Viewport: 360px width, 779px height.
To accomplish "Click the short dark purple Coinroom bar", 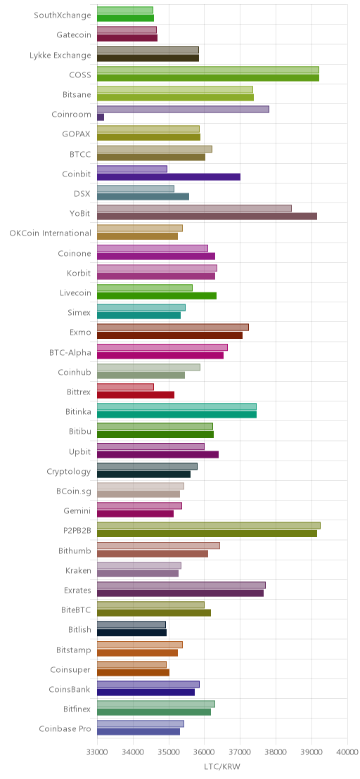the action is pos(101,117).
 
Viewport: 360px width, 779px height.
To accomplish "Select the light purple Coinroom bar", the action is pos(183,109).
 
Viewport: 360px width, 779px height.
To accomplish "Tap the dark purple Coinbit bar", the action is pos(168,177).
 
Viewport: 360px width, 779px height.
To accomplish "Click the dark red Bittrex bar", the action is pos(136,395).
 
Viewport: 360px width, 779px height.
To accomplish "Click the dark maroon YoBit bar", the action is pos(207,217).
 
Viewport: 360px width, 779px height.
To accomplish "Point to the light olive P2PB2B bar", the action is pos(209,526).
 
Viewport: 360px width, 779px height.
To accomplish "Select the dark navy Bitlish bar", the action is pos(131,633).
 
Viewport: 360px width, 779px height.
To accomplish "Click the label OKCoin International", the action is pos(50,233).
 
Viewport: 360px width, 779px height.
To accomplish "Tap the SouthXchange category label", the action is pos(63,15).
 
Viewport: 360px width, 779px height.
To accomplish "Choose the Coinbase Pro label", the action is pos(65,729).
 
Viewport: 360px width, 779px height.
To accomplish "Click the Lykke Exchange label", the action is pos(60,55).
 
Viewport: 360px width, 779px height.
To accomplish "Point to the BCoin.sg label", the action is pos(74,491).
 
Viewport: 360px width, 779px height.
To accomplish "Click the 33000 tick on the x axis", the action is pos(97,752).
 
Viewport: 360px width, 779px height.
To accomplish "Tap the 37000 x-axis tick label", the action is pos(240,752).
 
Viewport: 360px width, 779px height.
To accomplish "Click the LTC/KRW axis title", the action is pos(222,767).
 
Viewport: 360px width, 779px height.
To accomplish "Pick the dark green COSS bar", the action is pos(208,77).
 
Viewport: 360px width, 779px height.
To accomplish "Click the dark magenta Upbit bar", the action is pos(157,455).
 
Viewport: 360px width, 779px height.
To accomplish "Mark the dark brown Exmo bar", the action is pos(170,335).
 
